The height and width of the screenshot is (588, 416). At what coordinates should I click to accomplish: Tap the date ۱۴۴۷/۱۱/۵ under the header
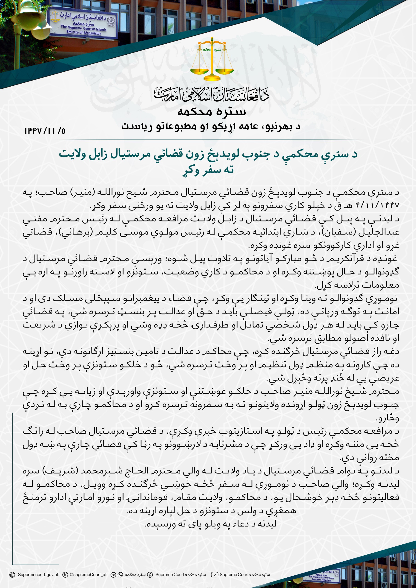pos(45,131)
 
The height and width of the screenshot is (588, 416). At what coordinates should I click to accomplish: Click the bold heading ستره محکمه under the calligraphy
pos(212,112)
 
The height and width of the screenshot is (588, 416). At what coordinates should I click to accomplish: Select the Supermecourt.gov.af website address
pos(38,574)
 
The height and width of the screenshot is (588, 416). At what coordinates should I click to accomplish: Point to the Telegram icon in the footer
pos(113,575)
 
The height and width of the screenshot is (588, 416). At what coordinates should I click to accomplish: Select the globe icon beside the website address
pos(12,575)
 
